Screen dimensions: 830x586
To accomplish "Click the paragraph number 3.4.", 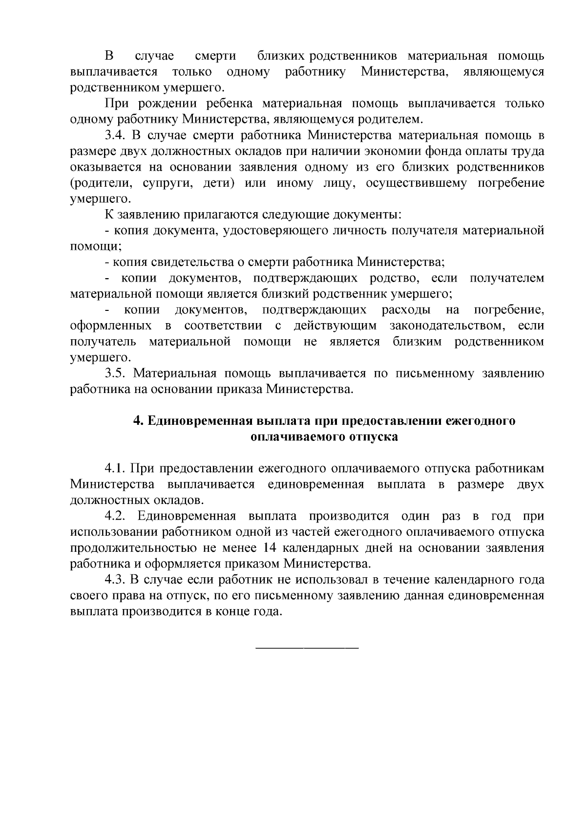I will [115, 135].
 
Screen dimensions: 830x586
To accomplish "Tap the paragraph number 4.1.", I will [115, 469].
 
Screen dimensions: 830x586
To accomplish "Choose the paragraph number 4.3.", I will [115, 580].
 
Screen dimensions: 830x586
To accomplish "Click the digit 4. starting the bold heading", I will [137, 421].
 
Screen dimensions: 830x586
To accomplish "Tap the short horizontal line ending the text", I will [307, 648].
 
